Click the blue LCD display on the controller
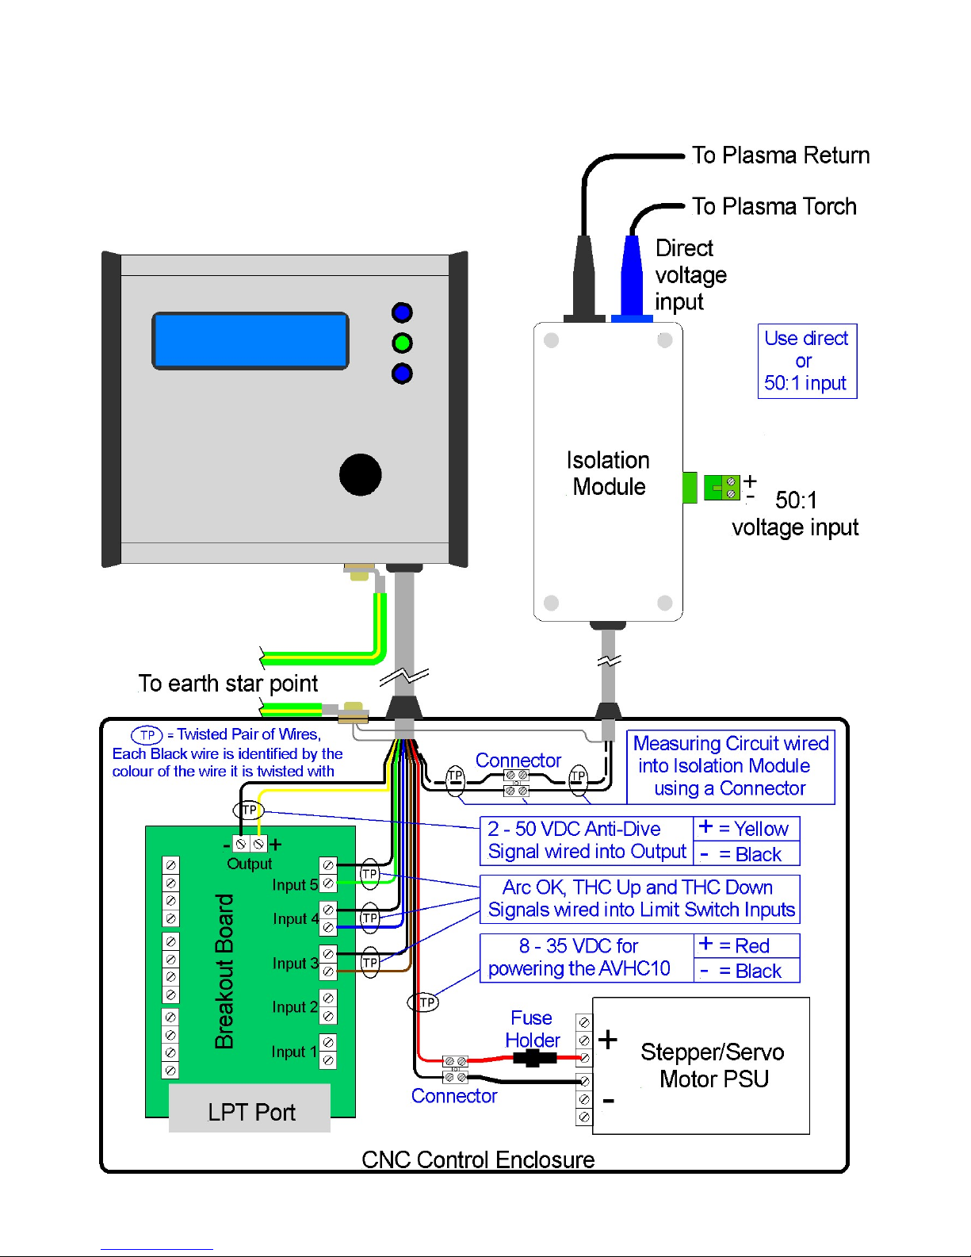click(x=250, y=341)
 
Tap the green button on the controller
click(x=402, y=343)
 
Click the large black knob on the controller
click(x=361, y=474)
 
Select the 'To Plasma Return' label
click(x=780, y=155)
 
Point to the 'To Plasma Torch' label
click(x=774, y=207)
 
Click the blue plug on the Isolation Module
click(x=632, y=278)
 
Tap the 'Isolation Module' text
click(x=608, y=473)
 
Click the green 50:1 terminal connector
click(x=721, y=487)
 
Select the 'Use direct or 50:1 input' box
click(x=807, y=361)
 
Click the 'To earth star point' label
click(x=228, y=684)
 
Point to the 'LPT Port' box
click(x=250, y=1112)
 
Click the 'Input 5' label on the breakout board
click(x=295, y=885)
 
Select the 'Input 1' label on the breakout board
click(x=293, y=1052)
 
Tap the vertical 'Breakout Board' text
click(x=224, y=971)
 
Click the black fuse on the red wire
click(x=534, y=1058)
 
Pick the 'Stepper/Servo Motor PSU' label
click(x=713, y=1065)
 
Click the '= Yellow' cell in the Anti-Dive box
click(x=746, y=829)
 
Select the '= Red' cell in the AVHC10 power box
click(x=746, y=946)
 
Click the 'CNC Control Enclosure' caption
click(x=478, y=1159)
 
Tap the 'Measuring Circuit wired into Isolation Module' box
click(x=730, y=766)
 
